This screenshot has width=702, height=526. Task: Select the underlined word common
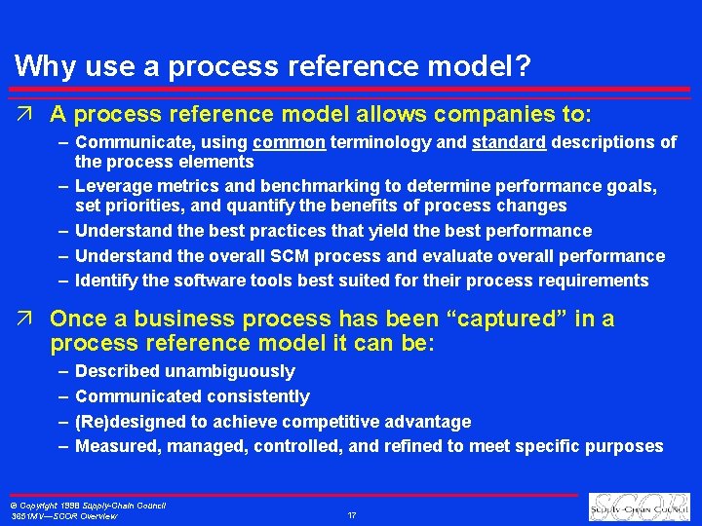pyautogui.click(x=288, y=142)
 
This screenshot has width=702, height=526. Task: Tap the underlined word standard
pyautogui.click(x=509, y=142)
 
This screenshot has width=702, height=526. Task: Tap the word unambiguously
pyautogui.click(x=229, y=371)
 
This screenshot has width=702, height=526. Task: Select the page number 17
pyautogui.click(x=352, y=514)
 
